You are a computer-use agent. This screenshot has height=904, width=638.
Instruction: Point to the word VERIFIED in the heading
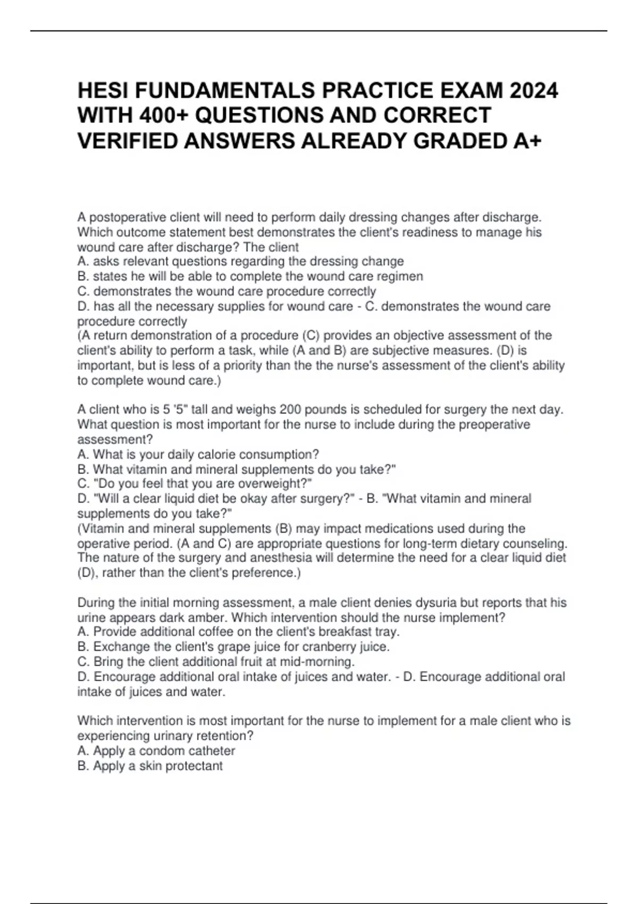129,141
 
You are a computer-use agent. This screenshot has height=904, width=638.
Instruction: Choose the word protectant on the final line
194,766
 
